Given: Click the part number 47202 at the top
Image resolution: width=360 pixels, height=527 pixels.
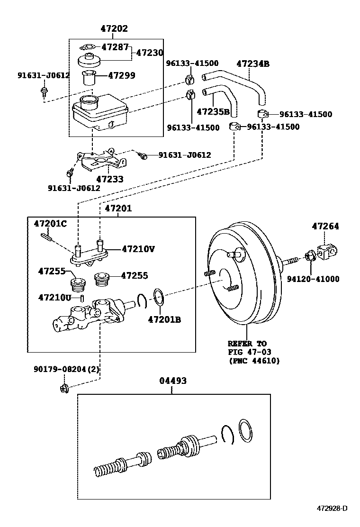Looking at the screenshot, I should tap(114, 28).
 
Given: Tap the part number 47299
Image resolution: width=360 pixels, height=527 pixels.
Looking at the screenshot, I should tap(121, 75).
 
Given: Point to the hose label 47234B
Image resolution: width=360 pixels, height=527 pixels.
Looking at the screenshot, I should tap(252, 64).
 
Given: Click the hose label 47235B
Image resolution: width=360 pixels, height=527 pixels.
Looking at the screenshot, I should tap(213, 112).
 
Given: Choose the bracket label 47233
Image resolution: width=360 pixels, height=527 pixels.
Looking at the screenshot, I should tap(109, 179).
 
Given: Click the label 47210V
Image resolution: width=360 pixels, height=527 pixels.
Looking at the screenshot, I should tap(138, 248).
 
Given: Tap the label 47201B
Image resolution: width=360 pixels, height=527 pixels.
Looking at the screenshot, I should tap(164, 319).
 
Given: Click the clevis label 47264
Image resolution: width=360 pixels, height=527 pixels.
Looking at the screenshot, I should tap(325, 227).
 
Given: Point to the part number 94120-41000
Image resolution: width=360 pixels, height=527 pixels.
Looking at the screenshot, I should tap(313, 279).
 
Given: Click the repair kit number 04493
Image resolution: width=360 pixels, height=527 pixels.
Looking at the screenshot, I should tap(172, 381).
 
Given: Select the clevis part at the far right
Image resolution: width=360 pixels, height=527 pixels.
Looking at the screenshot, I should tap(328, 252).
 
